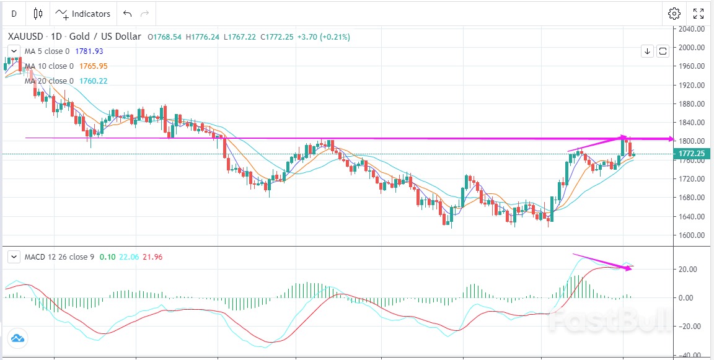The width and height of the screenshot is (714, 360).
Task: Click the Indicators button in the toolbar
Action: coord(82,14)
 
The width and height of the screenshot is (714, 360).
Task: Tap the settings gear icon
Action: coord(674,14)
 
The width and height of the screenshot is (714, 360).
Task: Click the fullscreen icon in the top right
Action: coord(699,14)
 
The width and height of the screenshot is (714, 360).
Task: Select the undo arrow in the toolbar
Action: coord(128,14)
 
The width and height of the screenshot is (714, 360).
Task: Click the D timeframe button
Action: coord(14,14)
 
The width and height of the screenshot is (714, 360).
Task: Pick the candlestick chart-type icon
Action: coord(38,14)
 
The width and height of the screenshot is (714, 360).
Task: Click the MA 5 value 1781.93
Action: coord(89,51)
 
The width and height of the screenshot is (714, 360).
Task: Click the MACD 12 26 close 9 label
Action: coord(59,257)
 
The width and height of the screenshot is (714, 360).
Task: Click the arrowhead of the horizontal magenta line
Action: coord(671,139)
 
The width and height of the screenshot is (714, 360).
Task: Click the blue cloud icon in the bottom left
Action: coord(17,338)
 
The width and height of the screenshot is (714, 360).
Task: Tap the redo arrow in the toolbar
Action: coord(145,14)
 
